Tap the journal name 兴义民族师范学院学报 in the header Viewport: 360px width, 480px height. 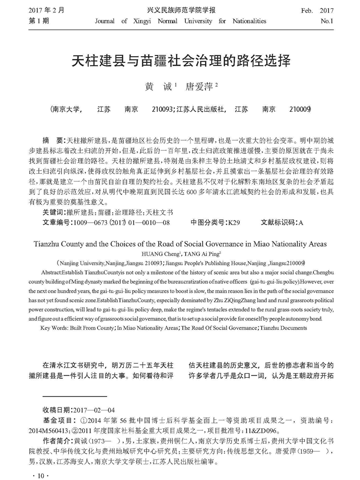pos(180,10)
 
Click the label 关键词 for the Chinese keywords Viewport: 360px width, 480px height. pos(54,212)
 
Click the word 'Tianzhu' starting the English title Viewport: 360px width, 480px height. pos(51,243)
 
